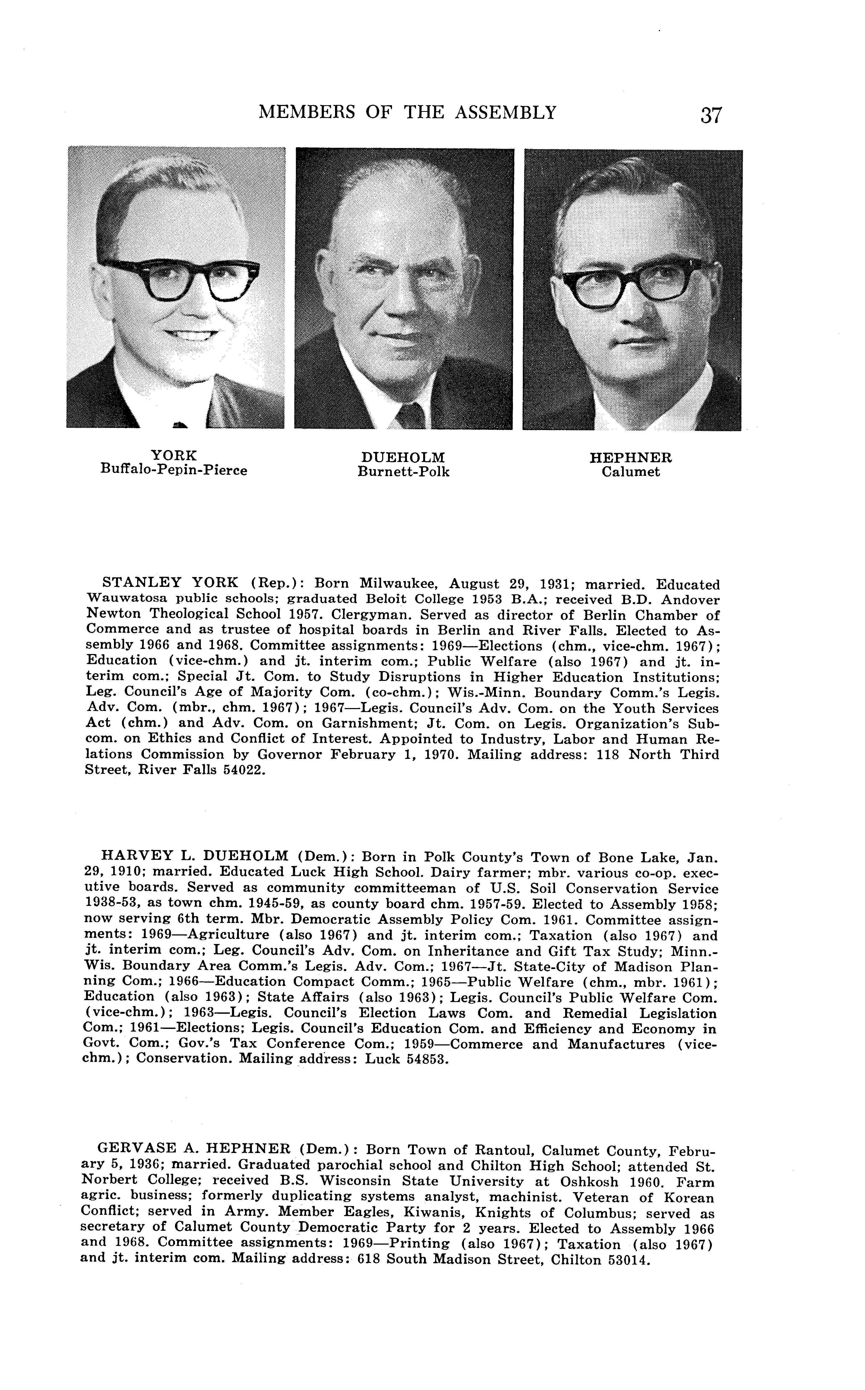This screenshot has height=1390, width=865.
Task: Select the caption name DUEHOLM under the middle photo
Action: [403, 458]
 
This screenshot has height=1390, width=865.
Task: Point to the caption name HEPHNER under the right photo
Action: [631, 458]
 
